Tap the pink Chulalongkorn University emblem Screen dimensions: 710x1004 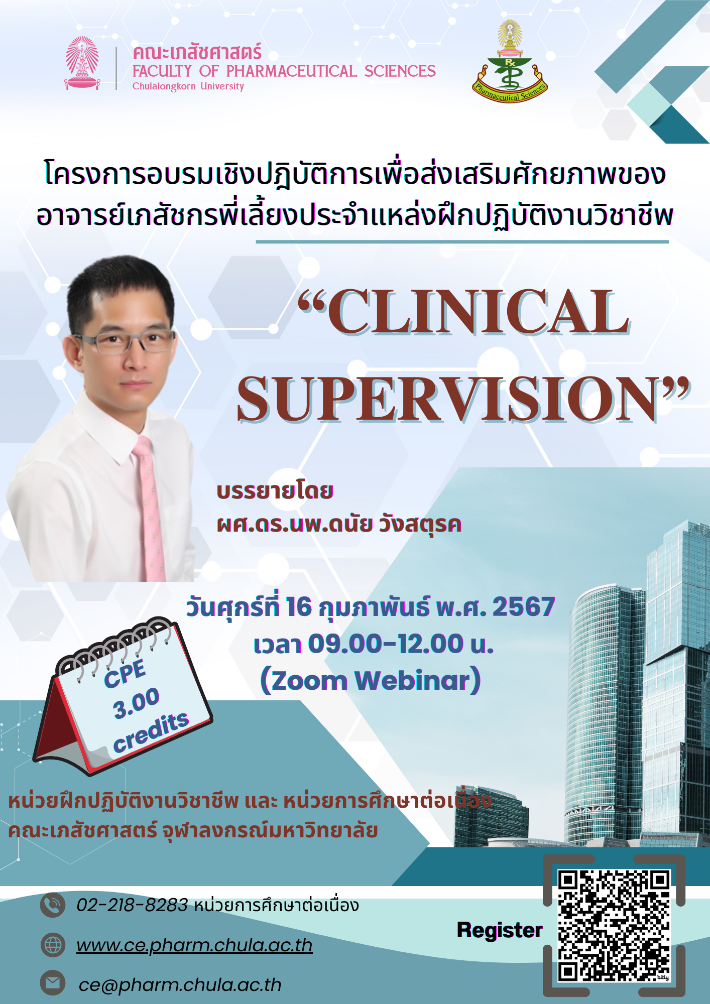(x=82, y=63)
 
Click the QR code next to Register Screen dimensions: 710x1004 (x=614, y=926)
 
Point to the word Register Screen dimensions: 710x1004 (x=500, y=930)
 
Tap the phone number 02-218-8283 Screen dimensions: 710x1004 (x=132, y=905)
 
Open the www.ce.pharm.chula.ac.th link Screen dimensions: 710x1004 (x=194, y=945)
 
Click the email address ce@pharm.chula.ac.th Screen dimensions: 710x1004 (x=180, y=984)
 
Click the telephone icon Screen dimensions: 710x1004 (x=53, y=905)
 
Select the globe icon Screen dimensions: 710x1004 (x=53, y=945)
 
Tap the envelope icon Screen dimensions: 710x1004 (x=53, y=983)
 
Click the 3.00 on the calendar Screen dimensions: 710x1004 (x=136, y=703)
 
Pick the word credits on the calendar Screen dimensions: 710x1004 (x=151, y=732)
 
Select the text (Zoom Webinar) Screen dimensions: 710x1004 (x=371, y=681)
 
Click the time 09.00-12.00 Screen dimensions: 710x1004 (x=386, y=644)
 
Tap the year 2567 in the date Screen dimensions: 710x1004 (x=523, y=606)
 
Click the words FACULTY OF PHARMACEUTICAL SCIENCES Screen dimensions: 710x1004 (x=284, y=71)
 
